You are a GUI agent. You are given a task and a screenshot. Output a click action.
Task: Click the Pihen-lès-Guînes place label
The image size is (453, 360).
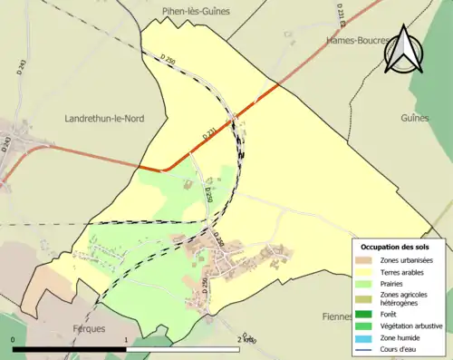point(196,11)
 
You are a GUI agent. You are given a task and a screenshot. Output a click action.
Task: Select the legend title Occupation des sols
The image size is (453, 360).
point(395,247)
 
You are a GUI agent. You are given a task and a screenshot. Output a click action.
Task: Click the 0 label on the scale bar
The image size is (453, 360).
point(14,339)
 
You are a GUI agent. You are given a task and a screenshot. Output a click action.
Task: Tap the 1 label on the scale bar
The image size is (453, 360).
point(125,339)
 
